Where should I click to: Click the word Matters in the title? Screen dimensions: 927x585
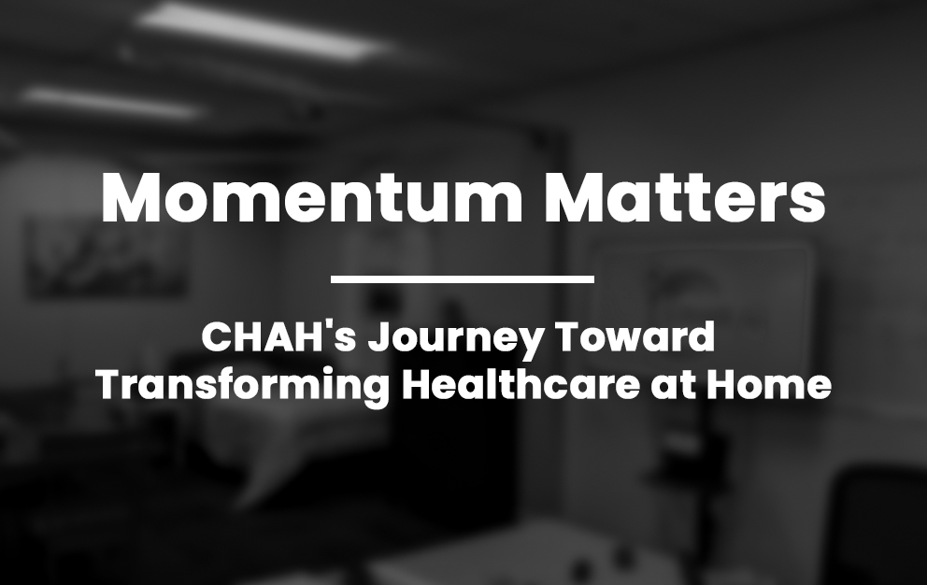[685, 197]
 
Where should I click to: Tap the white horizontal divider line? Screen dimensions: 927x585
[463, 278]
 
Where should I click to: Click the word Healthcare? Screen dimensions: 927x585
[521, 384]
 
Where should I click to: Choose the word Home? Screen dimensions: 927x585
[769, 384]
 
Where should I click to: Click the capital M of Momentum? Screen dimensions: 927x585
[131, 197]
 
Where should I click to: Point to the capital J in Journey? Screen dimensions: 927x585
[379, 337]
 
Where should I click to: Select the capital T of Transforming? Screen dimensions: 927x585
[112, 385]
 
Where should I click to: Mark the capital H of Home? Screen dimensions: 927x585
[720, 385]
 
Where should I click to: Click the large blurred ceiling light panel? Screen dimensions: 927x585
[264, 31]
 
